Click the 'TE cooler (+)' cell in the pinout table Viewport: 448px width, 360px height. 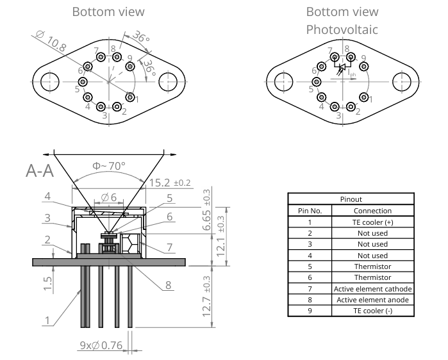372,222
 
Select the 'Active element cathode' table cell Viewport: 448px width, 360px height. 372,289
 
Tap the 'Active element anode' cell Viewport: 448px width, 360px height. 372,300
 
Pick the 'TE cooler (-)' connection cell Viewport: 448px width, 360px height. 372,311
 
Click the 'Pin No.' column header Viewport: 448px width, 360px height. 310,210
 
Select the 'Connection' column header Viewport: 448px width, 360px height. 372,210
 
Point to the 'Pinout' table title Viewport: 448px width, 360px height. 351,199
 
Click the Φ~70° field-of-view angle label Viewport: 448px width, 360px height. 107,165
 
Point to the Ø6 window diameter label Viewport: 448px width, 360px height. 108,197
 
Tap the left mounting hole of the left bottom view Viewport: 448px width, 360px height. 50,82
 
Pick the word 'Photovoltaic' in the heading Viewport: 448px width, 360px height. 342,29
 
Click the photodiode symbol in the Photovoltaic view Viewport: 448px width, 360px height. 342,67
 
